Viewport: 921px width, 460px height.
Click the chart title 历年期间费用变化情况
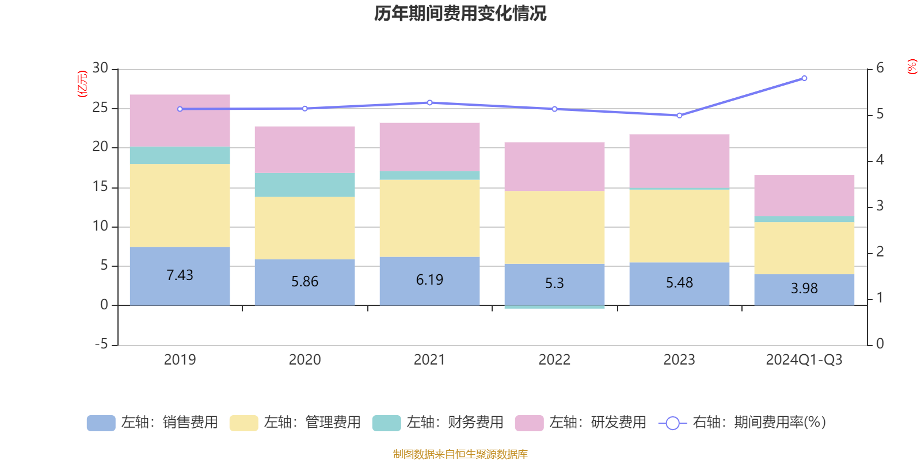[460, 13]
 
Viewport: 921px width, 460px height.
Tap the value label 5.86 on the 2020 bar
[305, 282]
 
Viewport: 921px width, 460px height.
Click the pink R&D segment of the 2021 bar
[429, 147]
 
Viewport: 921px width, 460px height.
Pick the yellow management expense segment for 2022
[554, 227]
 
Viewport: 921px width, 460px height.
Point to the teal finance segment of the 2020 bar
[305, 185]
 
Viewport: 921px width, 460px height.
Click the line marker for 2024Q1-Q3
[804, 78]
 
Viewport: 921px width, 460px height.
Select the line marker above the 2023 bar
[679, 116]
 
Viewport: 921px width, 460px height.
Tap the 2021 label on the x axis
[429, 360]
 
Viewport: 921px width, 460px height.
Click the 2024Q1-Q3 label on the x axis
[804, 360]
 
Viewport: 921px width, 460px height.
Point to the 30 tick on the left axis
[101, 68]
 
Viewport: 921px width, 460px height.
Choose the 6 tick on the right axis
[880, 68]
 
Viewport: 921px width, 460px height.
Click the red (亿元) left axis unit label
[82, 84]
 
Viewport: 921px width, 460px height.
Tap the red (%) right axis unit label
[912, 67]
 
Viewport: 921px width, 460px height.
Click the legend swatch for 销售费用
[101, 423]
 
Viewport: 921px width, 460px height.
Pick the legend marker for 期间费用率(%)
[672, 423]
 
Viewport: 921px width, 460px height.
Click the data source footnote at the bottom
[460, 454]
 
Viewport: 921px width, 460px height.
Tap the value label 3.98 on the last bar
[804, 289]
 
